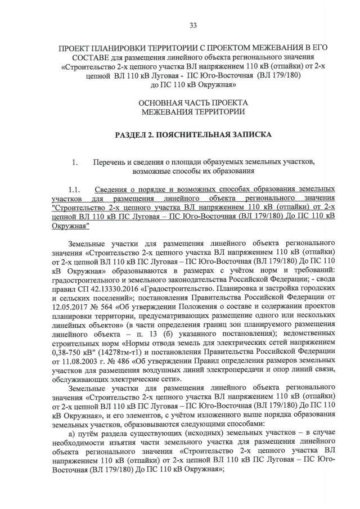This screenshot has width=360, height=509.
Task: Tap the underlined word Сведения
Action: point(111,189)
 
